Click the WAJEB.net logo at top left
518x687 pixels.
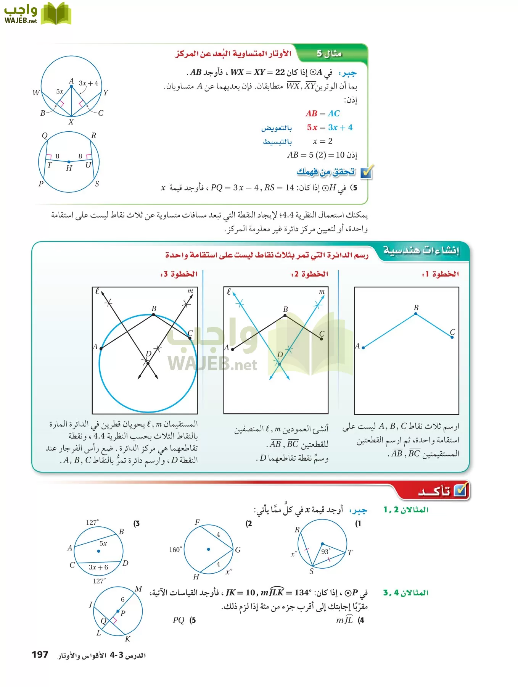[37, 14]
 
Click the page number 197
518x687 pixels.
[40, 655]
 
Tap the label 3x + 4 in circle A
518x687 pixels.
[88, 83]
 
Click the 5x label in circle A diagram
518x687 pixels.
[60, 92]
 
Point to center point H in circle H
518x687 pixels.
[69, 162]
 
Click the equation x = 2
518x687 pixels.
[323, 141]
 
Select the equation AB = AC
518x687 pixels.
[323, 113]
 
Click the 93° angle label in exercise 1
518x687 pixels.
[326, 551]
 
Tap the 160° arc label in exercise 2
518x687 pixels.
[175, 550]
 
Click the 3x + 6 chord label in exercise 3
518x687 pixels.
[98, 567]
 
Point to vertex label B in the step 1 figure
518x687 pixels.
[416, 308]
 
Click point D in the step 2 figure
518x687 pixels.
[280, 364]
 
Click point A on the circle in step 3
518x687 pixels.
[101, 348]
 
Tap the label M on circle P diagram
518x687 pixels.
[138, 589]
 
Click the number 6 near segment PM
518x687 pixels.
[123, 599]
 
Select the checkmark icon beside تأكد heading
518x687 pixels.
[461, 490]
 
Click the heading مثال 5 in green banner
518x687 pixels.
[329, 54]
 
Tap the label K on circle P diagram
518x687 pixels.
[128, 639]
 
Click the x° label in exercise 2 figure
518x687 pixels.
[228, 572]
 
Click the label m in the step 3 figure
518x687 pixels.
[190, 291]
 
